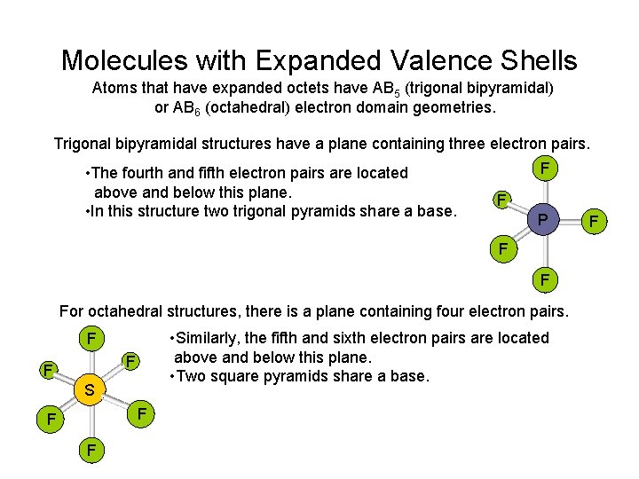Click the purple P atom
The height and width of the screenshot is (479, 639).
[540, 218]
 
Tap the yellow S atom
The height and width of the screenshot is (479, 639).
[89, 389]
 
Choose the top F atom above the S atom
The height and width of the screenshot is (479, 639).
[89, 339]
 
